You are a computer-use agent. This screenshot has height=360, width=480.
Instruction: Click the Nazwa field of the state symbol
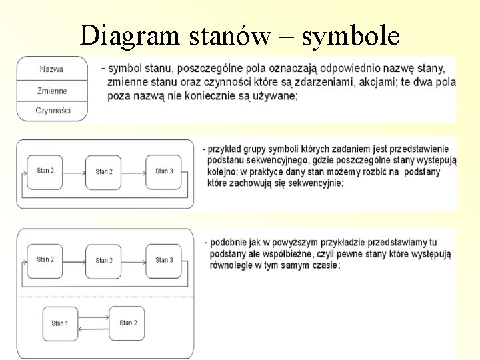click(52, 69)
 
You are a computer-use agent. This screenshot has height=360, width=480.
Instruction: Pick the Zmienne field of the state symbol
click(52, 91)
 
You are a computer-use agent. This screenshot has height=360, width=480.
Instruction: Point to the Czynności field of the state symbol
click(52, 111)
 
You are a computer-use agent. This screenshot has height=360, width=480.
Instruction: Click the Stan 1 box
click(60, 323)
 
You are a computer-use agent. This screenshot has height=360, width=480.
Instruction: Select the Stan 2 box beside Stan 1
click(127, 323)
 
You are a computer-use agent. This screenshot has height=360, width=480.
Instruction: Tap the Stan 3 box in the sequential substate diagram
click(164, 171)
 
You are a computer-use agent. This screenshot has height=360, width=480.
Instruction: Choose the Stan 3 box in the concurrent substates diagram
click(164, 260)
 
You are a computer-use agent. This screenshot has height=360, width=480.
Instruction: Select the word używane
click(273, 96)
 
